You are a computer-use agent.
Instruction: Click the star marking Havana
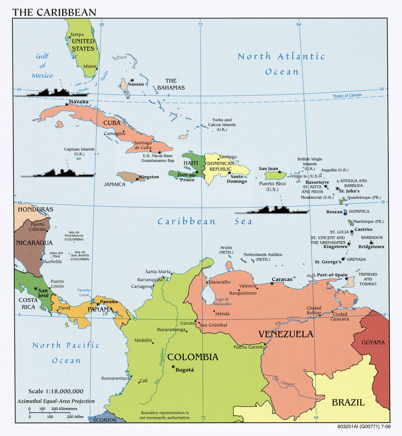(67, 104)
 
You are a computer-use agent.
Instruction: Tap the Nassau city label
(135, 84)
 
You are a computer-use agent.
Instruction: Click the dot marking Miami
(97, 69)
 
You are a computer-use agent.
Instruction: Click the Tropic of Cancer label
(347, 96)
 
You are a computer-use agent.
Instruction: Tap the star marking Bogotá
(173, 367)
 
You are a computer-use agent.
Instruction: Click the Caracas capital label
(282, 279)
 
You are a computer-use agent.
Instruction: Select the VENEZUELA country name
(285, 334)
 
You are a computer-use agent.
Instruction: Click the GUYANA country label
(373, 343)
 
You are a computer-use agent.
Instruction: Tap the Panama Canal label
(84, 292)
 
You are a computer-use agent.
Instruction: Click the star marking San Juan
(279, 172)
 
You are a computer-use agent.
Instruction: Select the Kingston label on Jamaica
(149, 177)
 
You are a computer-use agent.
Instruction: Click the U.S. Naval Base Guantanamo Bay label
(158, 158)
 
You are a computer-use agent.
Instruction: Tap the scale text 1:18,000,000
(56, 391)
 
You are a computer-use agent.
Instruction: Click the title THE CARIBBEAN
(54, 12)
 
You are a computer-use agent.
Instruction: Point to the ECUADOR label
(105, 420)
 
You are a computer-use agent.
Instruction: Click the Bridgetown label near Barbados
(371, 247)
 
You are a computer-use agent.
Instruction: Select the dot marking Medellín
(153, 343)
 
